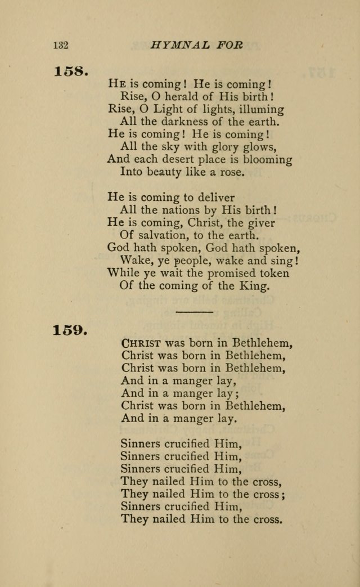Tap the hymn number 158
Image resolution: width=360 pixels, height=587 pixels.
pyautogui.click(x=70, y=72)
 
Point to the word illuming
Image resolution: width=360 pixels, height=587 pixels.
pyautogui.click(x=262, y=109)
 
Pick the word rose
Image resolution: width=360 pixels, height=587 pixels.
pyautogui.click(x=233, y=172)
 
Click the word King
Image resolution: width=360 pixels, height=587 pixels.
pyautogui.click(x=257, y=285)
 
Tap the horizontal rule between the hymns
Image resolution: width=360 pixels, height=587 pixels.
pyautogui.click(x=194, y=311)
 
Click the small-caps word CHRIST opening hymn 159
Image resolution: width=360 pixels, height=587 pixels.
pyautogui.click(x=141, y=343)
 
